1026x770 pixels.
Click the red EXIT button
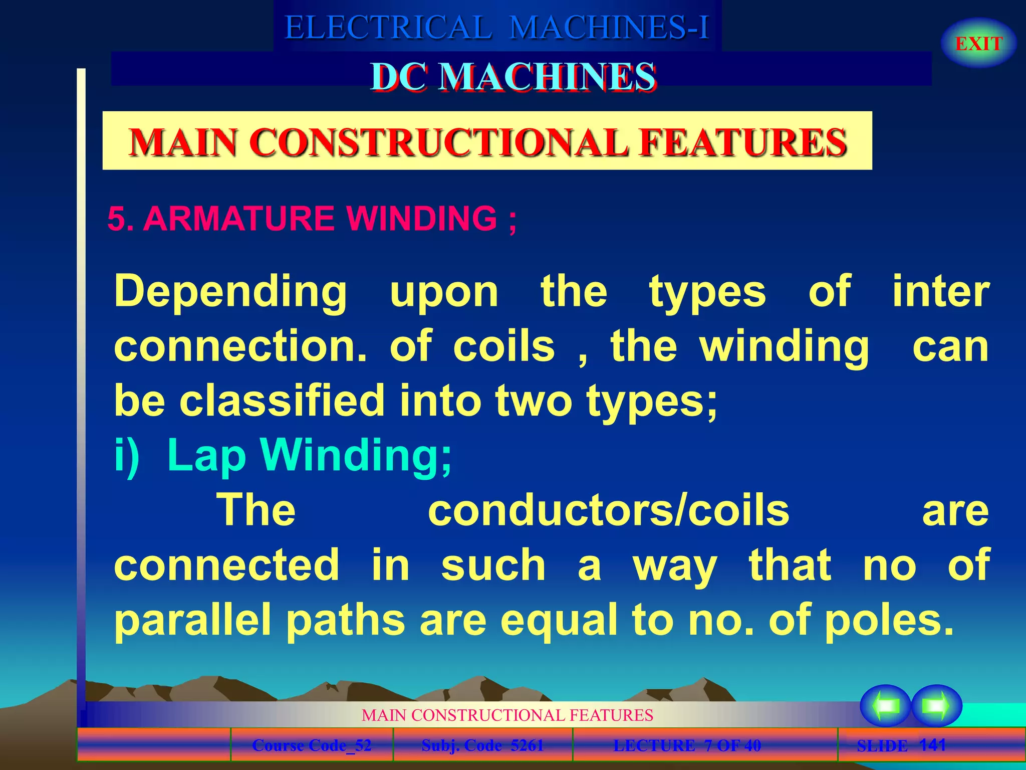tap(978, 44)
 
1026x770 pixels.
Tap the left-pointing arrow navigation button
tap(885, 706)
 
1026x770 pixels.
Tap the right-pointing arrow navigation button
tap(936, 706)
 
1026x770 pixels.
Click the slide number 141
tap(933, 744)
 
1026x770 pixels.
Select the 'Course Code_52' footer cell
tap(312, 745)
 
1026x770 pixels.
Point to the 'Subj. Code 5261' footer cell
tap(482, 745)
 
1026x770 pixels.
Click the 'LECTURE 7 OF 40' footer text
tap(687, 745)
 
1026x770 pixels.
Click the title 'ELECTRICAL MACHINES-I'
tap(496, 27)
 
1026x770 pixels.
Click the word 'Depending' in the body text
tap(230, 292)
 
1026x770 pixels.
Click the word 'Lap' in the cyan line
tap(206, 455)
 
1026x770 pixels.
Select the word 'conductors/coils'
tap(608, 510)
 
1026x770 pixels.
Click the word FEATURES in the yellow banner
tap(743, 142)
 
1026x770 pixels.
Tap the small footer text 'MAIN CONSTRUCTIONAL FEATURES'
tap(507, 715)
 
